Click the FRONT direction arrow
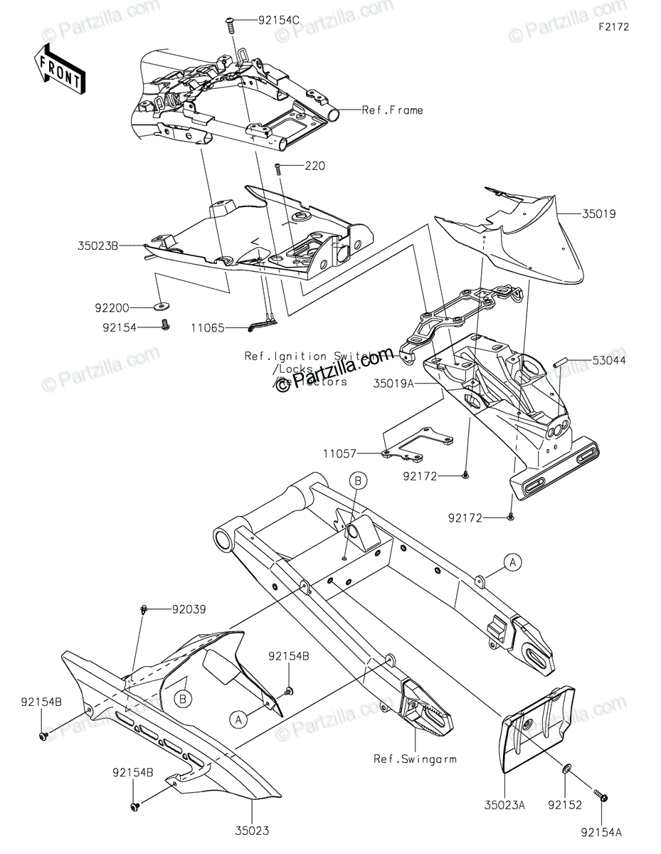pos(60,69)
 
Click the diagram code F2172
pos(613,27)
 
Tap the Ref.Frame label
pos(392,110)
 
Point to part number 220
pos(314,166)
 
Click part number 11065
pos(207,328)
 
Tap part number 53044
pos(610,361)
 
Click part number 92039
pos(189,609)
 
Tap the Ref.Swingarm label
pos(415,759)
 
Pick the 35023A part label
pos(505,806)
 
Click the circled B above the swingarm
pos(358,482)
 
